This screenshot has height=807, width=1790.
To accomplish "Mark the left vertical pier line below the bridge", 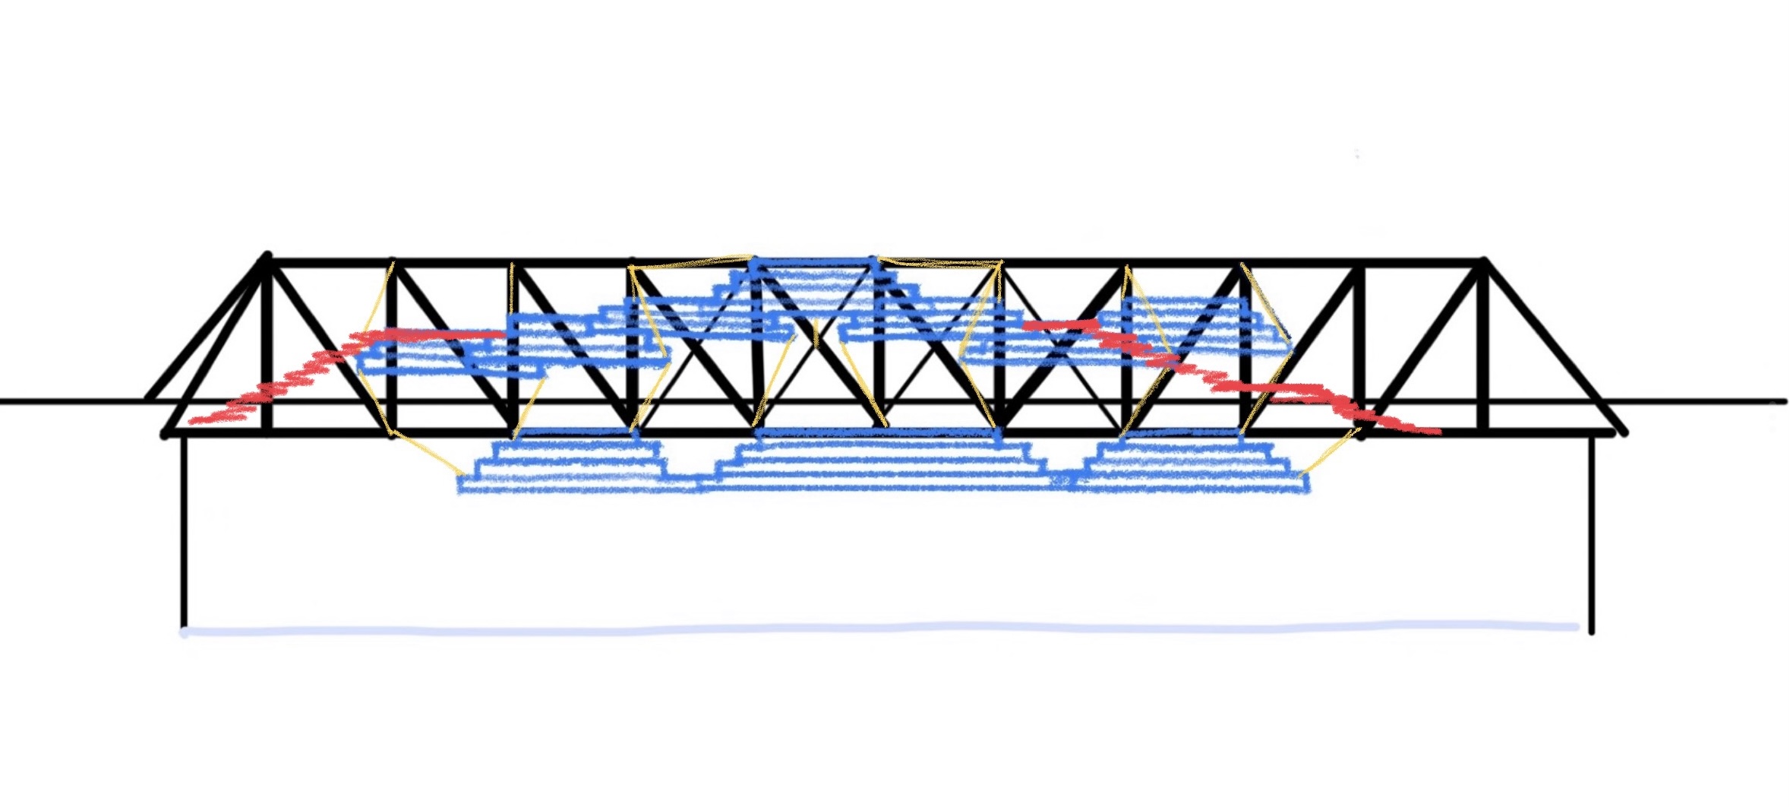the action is [184, 532].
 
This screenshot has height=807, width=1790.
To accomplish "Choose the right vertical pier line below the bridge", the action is [1592, 532].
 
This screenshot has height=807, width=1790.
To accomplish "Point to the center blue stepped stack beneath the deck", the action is [881, 460].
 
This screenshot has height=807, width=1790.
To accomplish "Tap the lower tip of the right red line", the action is [1437, 432].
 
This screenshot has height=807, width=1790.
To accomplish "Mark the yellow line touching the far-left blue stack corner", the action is [425, 456].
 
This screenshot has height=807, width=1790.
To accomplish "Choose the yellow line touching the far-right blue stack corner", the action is [1329, 452].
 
